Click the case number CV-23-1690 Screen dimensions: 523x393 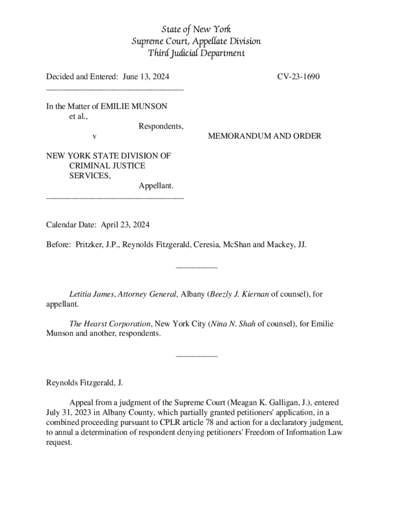pyautogui.click(x=299, y=77)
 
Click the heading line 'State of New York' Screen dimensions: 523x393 pyautogui.click(x=196, y=29)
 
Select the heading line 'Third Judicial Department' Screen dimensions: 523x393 pyautogui.click(x=196, y=53)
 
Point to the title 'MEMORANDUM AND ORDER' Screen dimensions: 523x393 pyautogui.click(x=264, y=136)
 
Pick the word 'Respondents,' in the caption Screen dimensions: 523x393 pyautogui.click(x=161, y=126)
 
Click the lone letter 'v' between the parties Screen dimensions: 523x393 pyautogui.click(x=93, y=136)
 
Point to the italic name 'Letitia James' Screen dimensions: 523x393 pyautogui.click(x=92, y=294)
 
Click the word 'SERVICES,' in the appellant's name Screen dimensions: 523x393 pyautogui.click(x=89, y=175)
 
